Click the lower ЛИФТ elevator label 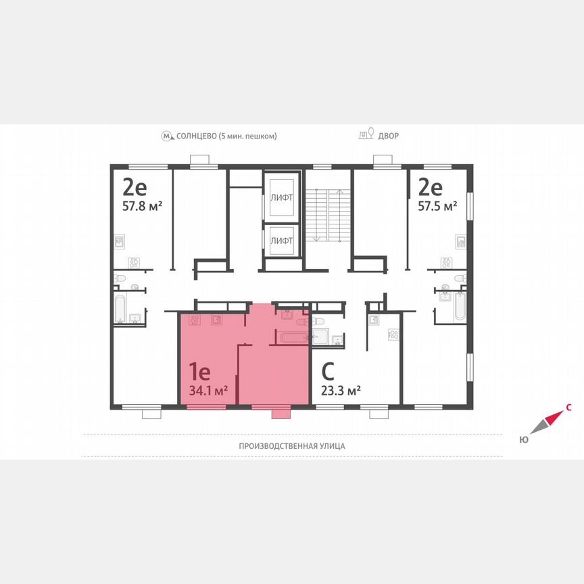(x=281, y=240)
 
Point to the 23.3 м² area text (x=340, y=389)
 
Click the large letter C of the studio (x=328, y=371)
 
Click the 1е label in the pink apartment (x=200, y=371)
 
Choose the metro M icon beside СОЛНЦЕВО (x=167, y=136)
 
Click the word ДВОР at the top (x=389, y=136)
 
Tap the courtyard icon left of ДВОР (x=366, y=135)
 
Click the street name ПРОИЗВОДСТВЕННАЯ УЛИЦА (x=292, y=445)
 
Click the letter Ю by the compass (x=523, y=439)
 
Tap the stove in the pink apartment (x=195, y=320)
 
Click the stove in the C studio (x=393, y=335)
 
